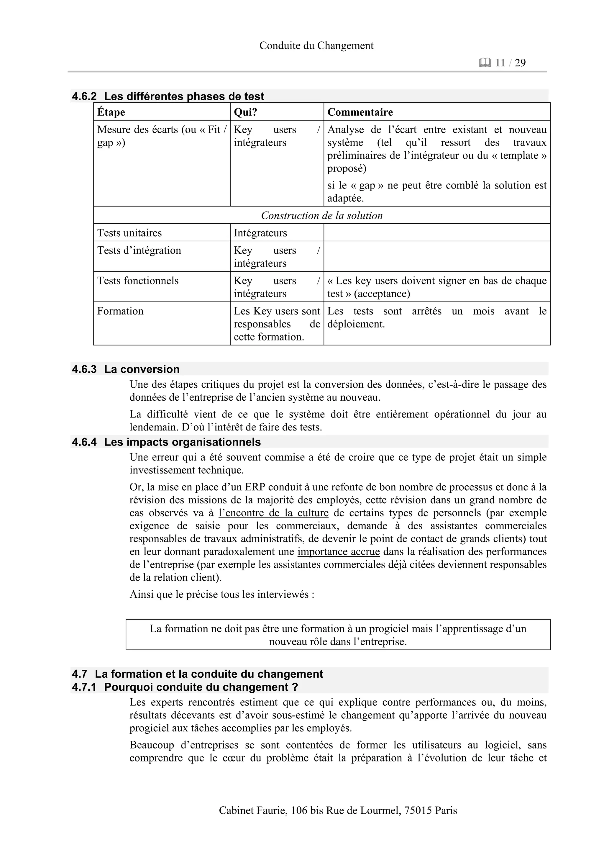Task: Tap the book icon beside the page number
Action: (485, 63)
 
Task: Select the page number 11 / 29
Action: (510, 63)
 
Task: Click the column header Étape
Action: (111, 112)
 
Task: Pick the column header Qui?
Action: (246, 112)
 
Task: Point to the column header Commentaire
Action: (360, 112)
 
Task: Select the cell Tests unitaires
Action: (129, 233)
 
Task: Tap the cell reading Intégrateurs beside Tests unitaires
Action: (260, 233)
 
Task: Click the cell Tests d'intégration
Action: (139, 250)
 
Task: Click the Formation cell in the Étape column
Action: (120, 311)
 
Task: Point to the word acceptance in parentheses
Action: (382, 294)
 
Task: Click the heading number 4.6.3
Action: (84, 369)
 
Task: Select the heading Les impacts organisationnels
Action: (182, 442)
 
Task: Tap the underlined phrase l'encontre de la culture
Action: (273, 513)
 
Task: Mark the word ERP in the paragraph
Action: (255, 487)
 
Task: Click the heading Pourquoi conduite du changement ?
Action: (201, 687)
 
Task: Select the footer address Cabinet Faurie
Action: (338, 810)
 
